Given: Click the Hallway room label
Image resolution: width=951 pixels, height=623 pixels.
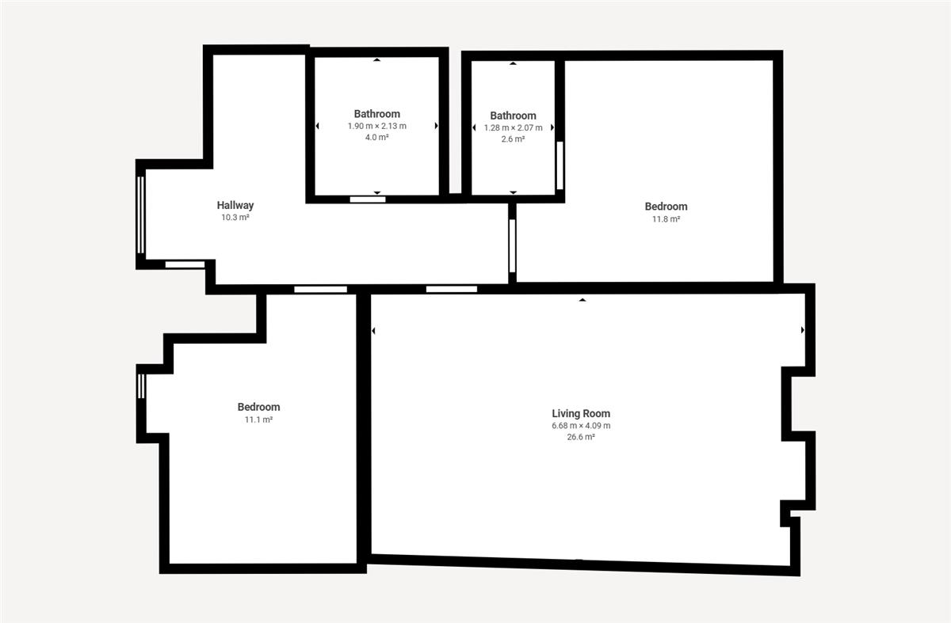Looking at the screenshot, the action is (235, 205).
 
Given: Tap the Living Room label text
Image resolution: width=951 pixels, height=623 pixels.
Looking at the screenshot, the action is (581, 413).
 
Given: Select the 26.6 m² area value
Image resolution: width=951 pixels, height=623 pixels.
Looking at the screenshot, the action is (581, 437).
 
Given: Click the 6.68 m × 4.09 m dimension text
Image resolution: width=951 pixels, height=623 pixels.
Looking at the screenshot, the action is (581, 425).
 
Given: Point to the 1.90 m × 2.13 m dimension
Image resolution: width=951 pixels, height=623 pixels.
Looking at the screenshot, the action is (377, 126).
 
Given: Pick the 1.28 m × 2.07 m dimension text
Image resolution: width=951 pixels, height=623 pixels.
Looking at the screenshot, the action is (513, 127).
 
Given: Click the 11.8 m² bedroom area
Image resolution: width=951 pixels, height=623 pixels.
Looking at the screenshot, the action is (666, 218).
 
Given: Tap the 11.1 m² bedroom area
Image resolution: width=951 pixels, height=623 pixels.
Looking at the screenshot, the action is (258, 420).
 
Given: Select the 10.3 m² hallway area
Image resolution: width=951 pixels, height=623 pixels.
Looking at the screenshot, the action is (235, 218).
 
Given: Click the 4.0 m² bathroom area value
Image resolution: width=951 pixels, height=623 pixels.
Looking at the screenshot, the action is (377, 138).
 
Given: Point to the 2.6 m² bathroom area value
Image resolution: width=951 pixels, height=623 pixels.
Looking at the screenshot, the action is (513, 139).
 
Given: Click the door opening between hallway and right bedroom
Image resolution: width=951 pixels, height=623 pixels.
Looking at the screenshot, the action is (513, 245).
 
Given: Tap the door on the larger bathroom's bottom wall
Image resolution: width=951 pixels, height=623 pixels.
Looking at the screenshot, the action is (368, 199).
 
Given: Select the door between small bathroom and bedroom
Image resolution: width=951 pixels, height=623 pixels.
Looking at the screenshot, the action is (560, 165).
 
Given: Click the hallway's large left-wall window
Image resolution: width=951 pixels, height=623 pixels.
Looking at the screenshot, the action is (141, 215).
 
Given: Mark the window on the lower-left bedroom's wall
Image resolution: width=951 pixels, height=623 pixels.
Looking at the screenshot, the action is (141, 386).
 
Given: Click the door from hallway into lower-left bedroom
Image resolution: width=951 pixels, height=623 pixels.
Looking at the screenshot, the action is (320, 289).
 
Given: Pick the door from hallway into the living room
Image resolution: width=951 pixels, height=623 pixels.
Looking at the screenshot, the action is (452, 289).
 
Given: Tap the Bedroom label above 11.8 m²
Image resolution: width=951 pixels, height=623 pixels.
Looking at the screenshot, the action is (666, 207).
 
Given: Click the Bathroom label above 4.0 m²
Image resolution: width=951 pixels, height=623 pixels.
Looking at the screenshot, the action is (377, 114).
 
